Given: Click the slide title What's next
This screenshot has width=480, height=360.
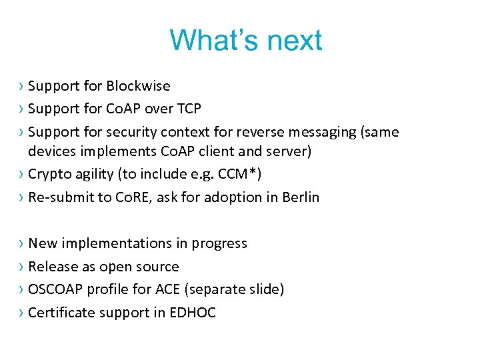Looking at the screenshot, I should click(x=245, y=41).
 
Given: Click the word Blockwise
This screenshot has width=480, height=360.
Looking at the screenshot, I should click(x=139, y=86).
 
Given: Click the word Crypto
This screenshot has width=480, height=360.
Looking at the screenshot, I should click(x=49, y=174).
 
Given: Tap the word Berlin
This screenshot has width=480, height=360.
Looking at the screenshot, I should click(x=299, y=197).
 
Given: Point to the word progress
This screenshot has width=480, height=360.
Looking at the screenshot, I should click(x=219, y=243).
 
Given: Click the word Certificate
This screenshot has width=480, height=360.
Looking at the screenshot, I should click(x=60, y=313).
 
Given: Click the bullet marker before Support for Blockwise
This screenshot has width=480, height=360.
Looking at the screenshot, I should click(x=23, y=86).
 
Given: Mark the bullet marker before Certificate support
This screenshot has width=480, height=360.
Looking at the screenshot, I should click(x=23, y=313).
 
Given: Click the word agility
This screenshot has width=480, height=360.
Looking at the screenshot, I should click(x=95, y=174).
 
